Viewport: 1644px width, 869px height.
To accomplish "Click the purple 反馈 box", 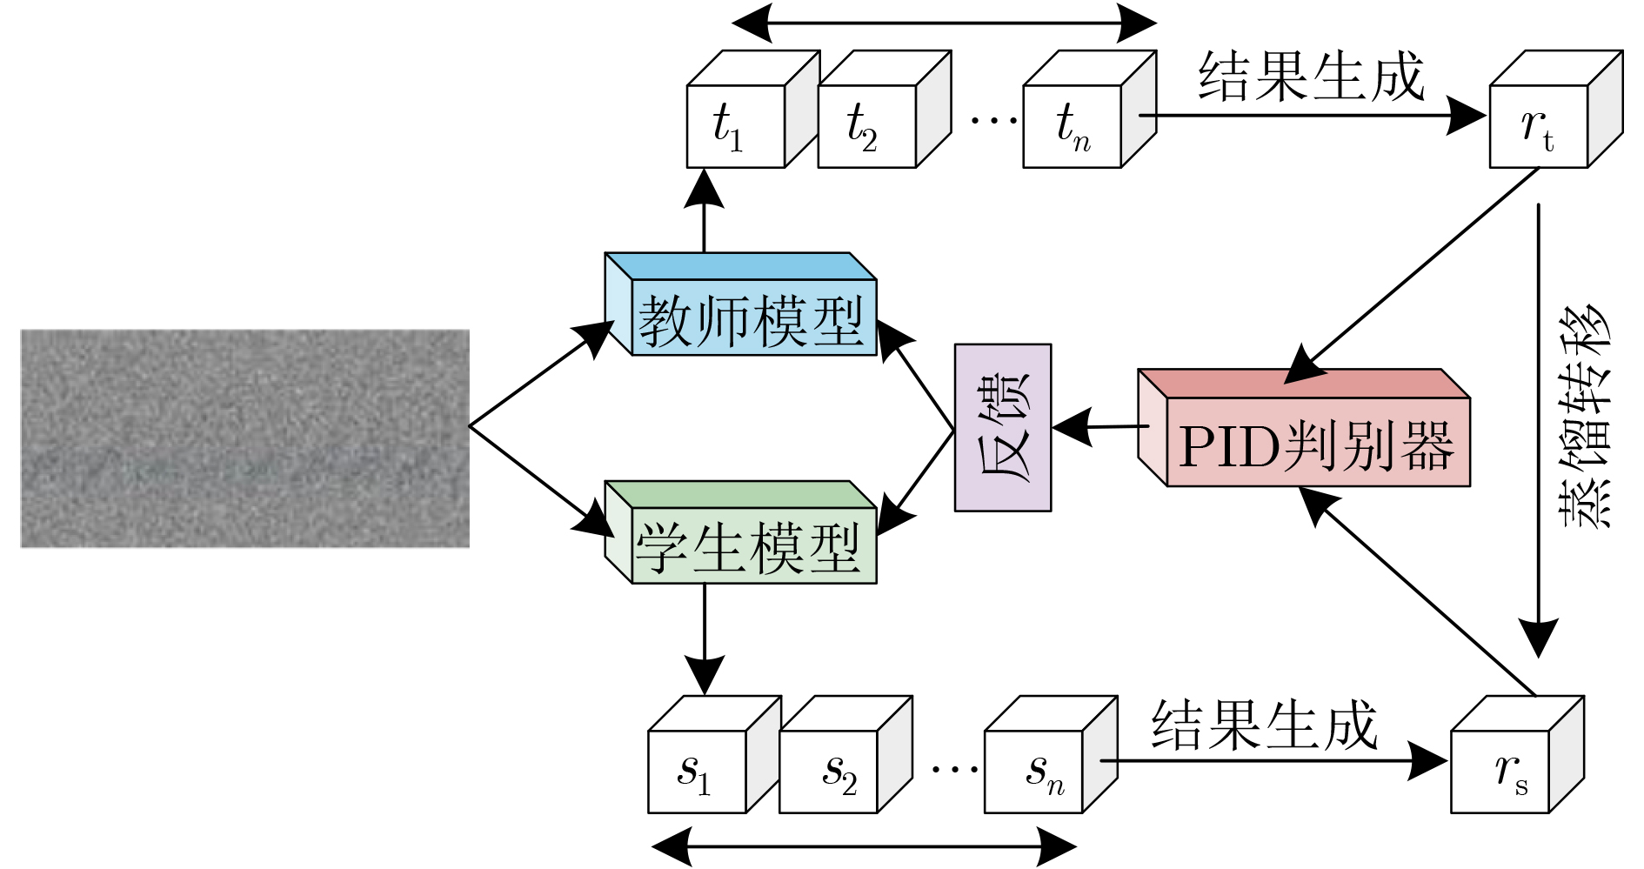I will (x=1003, y=427).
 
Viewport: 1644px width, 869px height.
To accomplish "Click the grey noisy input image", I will (x=244, y=438).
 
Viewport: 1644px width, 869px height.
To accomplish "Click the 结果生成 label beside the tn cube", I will (x=1311, y=77).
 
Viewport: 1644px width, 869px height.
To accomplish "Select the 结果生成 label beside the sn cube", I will (x=1265, y=725).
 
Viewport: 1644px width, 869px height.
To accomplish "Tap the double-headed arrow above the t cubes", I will (x=944, y=23).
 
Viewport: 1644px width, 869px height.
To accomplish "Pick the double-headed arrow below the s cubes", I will (x=864, y=846).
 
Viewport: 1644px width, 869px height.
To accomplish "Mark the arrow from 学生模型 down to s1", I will (x=705, y=639).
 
